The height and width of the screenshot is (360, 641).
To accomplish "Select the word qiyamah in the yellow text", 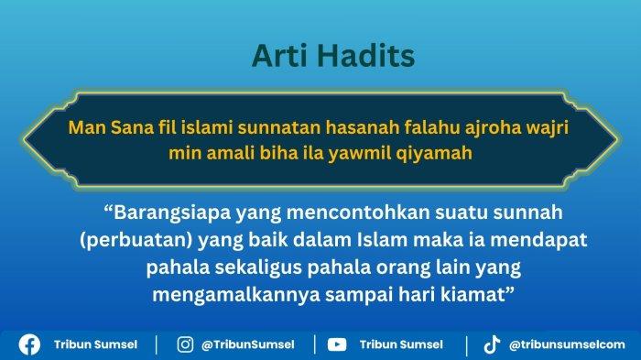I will click(x=439, y=153).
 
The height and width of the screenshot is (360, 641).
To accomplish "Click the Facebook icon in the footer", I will click(x=29, y=344).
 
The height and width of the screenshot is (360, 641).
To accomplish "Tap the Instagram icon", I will click(x=185, y=344).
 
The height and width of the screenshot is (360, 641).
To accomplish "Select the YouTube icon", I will click(x=337, y=344).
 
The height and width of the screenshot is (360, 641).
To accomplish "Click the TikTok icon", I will click(x=492, y=344).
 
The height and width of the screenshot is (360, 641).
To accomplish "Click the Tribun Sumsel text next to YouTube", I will click(x=401, y=344).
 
